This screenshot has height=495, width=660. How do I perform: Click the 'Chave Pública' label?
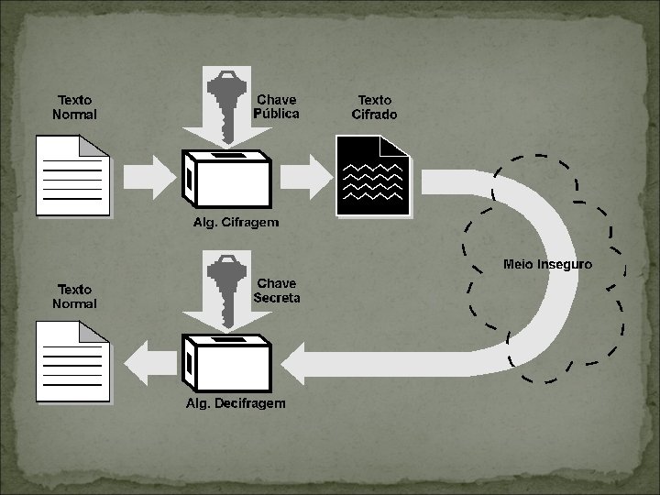(x=276, y=106)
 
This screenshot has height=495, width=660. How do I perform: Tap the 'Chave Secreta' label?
(x=276, y=291)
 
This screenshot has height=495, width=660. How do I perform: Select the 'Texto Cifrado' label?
(x=374, y=106)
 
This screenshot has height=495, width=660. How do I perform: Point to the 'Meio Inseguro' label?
(x=547, y=264)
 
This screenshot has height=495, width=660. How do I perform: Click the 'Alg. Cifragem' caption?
(x=236, y=223)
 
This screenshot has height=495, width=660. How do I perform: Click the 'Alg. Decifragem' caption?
(x=236, y=403)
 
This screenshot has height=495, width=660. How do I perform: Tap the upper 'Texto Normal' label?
(x=74, y=107)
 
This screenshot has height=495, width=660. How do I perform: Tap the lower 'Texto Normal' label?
(x=74, y=296)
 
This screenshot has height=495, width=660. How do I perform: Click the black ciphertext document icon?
(x=371, y=175)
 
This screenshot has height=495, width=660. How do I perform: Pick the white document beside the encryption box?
(x=72, y=176)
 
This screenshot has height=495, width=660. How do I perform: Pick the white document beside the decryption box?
(x=72, y=360)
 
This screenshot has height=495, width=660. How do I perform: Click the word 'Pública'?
(x=276, y=114)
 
